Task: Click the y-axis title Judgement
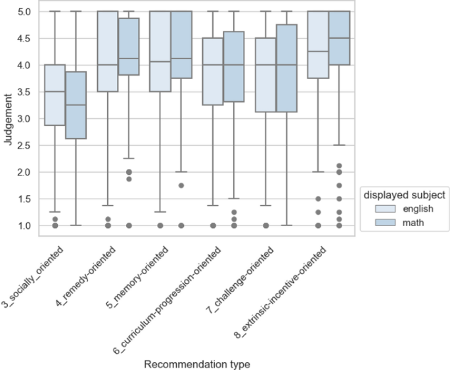(x=8, y=119)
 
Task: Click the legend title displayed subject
(x=404, y=195)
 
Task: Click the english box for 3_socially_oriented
(x=55, y=95)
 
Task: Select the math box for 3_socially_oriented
(x=76, y=105)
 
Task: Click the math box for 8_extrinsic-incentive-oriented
(x=339, y=37)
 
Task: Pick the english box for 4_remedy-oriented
(x=108, y=51)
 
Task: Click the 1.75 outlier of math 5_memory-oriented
(x=181, y=185)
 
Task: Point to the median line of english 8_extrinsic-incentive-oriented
(x=318, y=51)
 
